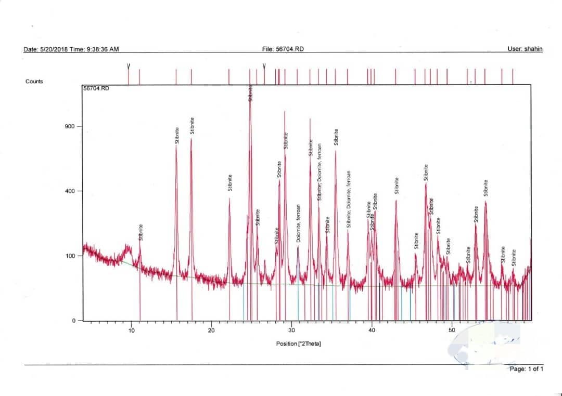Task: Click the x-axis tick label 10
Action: (x=131, y=330)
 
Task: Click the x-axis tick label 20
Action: (x=211, y=330)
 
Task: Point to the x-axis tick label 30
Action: (x=291, y=330)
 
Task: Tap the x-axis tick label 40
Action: (x=372, y=330)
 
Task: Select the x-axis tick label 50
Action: (x=452, y=330)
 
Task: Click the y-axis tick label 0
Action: (x=74, y=321)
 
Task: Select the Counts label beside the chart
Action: (x=34, y=82)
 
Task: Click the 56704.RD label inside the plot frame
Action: (x=96, y=89)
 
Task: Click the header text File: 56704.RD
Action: (x=283, y=49)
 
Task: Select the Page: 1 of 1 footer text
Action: (x=527, y=369)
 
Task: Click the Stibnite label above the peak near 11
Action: (x=141, y=232)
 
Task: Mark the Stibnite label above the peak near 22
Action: (x=230, y=182)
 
